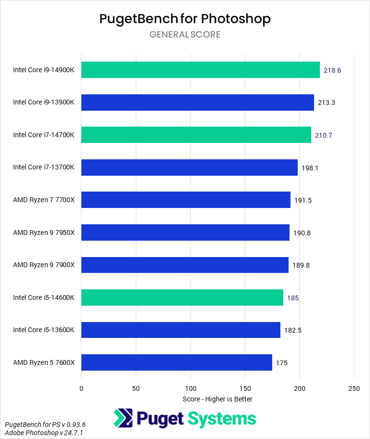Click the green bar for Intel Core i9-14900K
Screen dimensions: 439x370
point(200,70)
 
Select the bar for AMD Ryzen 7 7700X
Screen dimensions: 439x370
point(185,200)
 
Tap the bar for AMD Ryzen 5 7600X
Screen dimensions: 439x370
point(176,362)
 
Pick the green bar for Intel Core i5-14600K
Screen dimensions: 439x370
point(182,297)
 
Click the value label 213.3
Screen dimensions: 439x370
point(327,103)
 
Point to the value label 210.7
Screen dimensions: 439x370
point(324,135)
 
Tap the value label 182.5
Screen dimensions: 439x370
point(293,330)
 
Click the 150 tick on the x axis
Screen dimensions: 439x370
point(245,388)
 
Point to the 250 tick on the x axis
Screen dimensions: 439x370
point(354,388)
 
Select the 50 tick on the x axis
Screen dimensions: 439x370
point(136,388)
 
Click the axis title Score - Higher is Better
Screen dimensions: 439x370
point(217,399)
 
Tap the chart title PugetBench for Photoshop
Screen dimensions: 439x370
point(185,19)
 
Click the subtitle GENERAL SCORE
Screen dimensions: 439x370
point(185,35)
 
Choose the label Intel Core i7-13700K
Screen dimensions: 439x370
point(44,168)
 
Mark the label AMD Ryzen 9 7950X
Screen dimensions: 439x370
point(44,232)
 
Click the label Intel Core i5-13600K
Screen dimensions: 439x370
point(44,330)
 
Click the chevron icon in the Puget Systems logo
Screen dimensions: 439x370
point(123,418)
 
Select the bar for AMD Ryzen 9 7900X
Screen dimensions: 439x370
point(185,265)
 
